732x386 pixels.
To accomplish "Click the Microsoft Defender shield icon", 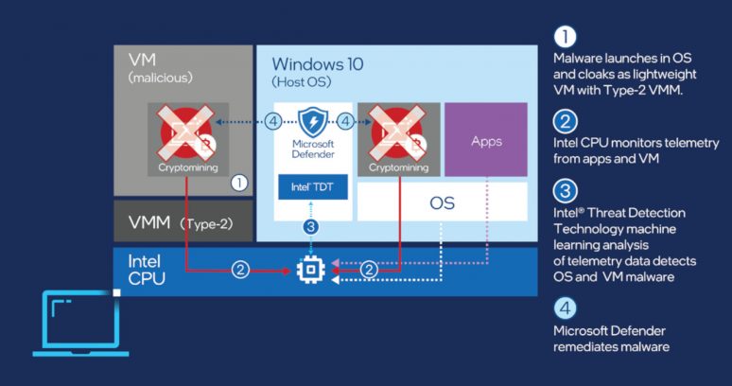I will click(312, 123).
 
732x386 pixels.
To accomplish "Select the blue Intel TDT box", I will click(312, 186).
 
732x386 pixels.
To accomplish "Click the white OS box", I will click(442, 202).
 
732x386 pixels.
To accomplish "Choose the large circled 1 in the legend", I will click(564, 37).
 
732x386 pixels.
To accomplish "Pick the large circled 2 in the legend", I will click(564, 121).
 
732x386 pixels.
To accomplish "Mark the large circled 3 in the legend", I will click(564, 191).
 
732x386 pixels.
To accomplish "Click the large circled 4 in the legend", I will click(564, 307).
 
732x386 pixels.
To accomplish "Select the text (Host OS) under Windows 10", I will click(299, 83).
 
